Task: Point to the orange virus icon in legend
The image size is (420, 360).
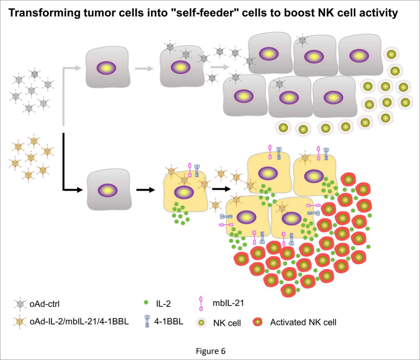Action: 20,322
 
